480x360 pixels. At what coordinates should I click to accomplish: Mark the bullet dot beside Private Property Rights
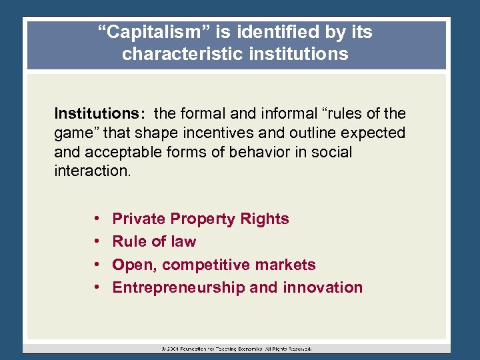click(97, 219)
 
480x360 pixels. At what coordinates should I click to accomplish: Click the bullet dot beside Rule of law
click(97, 242)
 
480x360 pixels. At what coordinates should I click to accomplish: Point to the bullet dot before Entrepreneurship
click(97, 288)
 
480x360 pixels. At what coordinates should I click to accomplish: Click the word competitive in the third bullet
click(209, 265)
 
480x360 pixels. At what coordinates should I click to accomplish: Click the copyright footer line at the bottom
click(237, 348)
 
